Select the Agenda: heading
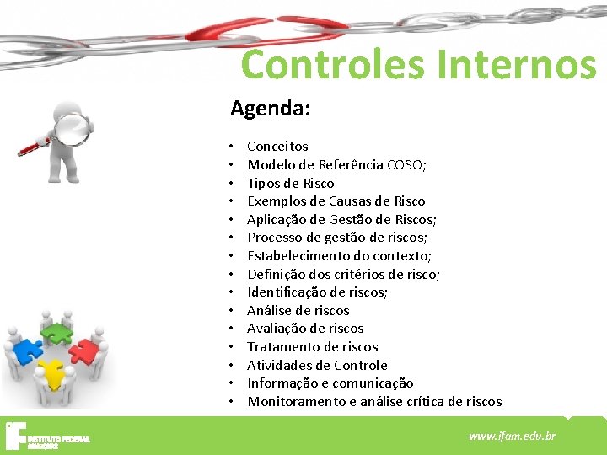click(x=271, y=109)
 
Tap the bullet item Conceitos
click(x=277, y=147)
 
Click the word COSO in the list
click(x=405, y=165)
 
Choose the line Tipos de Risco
click(x=290, y=184)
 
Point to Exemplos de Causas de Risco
click(x=336, y=201)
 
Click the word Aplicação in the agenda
click(x=277, y=220)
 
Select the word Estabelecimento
click(x=298, y=256)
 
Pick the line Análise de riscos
click(x=298, y=311)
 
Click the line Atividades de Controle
click(x=317, y=366)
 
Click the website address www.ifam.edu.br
click(x=512, y=436)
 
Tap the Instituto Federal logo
click(x=46, y=435)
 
